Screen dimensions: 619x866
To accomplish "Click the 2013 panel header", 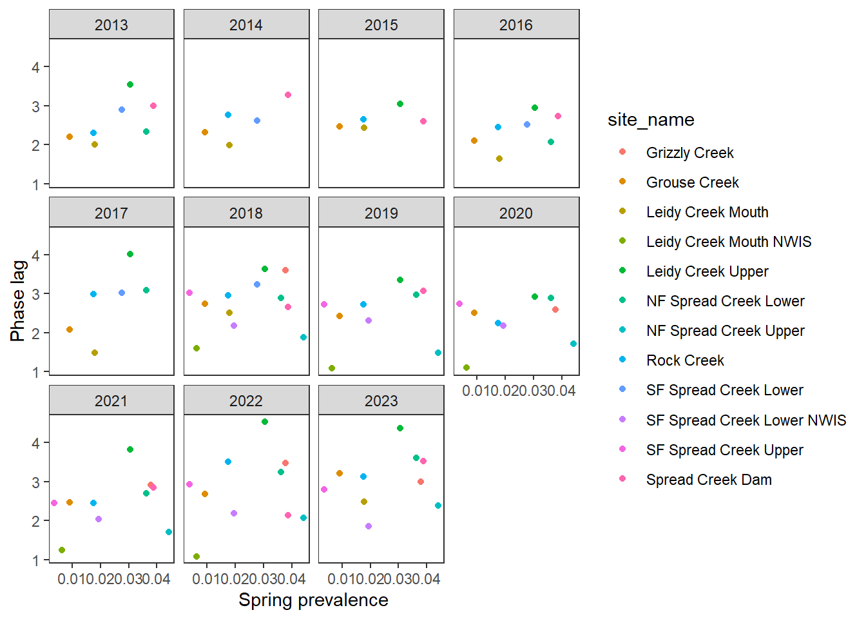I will click(111, 25).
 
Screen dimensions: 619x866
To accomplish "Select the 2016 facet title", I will click(516, 25).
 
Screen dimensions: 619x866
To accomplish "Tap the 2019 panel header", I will click(381, 213).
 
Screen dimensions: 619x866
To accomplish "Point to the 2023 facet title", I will click(381, 401).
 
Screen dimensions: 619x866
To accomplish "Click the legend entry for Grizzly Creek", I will click(689, 153).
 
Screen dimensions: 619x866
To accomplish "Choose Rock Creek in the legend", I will click(685, 360).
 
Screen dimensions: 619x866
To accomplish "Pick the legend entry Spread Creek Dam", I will click(709, 480).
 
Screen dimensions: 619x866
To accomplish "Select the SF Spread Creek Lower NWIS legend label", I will click(746, 420).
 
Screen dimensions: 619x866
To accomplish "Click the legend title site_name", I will click(651, 120).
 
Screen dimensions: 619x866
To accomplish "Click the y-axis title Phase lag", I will click(18, 300).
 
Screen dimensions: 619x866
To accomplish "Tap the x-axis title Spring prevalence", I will click(313, 600).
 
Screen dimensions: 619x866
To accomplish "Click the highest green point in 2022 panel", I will click(265, 422).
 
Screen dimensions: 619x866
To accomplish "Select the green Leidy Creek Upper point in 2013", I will click(130, 84).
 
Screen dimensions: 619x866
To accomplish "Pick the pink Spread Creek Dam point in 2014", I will click(288, 95).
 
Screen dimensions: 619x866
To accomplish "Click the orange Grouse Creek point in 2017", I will click(70, 329).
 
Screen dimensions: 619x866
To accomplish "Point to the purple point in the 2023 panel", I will click(369, 526).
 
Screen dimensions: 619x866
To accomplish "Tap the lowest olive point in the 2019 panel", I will click(332, 368).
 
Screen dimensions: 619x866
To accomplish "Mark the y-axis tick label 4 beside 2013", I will click(36, 67).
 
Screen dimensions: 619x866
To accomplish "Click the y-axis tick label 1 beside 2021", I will click(36, 560).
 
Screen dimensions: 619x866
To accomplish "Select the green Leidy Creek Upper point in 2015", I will click(400, 104).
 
